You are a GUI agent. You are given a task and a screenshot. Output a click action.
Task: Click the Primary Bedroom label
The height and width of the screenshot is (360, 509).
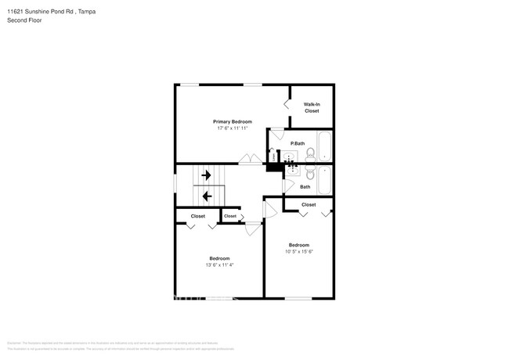click(233, 121)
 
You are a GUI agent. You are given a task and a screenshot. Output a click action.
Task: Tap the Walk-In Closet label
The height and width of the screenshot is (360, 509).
click(312, 107)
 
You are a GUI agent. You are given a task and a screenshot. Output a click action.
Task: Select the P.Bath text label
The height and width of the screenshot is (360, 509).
click(297, 143)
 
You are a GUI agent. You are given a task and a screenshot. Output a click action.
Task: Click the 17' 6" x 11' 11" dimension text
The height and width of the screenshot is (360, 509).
click(233, 128)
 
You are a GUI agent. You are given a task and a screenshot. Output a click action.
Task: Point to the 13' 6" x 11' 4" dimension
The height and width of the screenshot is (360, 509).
click(218, 265)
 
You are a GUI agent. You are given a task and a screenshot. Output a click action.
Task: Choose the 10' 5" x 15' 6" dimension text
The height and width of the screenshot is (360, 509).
click(298, 251)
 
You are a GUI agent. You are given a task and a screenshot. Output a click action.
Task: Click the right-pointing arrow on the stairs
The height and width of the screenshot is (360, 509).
click(207, 176)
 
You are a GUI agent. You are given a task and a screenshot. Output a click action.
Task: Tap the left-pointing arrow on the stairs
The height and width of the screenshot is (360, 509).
click(207, 196)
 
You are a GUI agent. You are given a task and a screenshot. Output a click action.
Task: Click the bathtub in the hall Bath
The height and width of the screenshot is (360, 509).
click(324, 179)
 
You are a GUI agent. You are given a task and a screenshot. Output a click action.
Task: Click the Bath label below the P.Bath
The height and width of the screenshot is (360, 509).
click(305, 186)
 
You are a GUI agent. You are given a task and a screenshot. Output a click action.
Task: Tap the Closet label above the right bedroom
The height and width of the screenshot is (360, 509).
click(309, 204)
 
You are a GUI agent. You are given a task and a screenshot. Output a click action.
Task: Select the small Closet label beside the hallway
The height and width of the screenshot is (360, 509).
click(230, 216)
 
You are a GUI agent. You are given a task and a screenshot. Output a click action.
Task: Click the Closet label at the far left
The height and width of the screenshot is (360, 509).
click(197, 216)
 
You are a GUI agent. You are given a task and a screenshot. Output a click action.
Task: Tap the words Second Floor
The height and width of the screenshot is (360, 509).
click(25, 20)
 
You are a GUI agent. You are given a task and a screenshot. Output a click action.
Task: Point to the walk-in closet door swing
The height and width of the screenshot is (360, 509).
click(287, 104)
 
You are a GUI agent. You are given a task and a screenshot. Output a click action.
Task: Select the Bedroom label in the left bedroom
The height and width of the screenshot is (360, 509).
click(219, 258)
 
